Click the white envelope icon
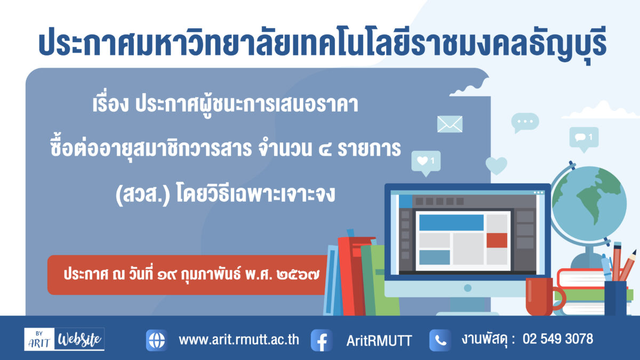click(450, 124)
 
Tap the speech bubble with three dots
click(525, 122)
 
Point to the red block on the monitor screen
click(497, 241)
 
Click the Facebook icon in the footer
click(322, 340)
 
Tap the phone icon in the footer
click(440, 340)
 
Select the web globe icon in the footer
click(157, 340)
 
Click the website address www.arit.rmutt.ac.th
click(239, 340)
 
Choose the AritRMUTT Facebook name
click(379, 341)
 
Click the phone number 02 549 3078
click(558, 339)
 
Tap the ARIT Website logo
click(65, 339)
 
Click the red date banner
click(187, 275)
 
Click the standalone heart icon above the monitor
click(497, 165)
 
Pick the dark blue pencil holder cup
click(615, 298)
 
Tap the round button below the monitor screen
click(468, 288)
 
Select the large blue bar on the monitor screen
click(451, 222)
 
